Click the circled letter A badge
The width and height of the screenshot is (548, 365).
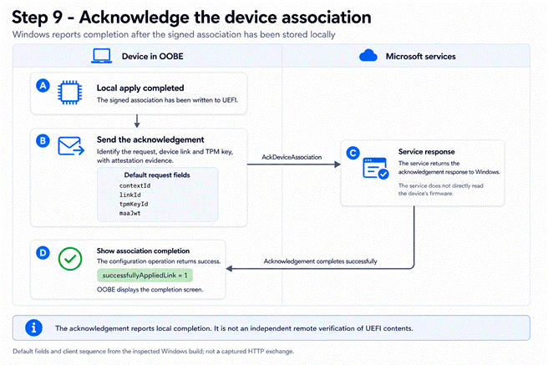click(x=43, y=85)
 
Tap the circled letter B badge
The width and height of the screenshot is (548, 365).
click(x=43, y=141)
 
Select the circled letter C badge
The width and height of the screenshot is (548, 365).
click(x=353, y=153)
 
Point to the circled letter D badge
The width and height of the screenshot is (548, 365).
click(x=43, y=252)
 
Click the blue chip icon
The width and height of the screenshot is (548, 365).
click(x=70, y=93)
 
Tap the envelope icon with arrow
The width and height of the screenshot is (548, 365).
click(x=71, y=146)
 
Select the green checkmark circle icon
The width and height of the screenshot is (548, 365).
click(x=70, y=259)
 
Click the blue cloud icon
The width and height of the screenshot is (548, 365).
click(x=368, y=55)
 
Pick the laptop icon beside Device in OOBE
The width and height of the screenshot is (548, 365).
click(x=101, y=56)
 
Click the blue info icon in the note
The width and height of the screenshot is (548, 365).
click(x=33, y=327)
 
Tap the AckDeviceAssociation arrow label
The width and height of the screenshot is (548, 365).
click(x=292, y=157)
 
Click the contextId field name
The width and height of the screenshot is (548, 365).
click(x=134, y=185)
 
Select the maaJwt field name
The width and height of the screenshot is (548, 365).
click(x=129, y=213)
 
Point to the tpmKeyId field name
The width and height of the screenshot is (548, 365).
click(x=134, y=204)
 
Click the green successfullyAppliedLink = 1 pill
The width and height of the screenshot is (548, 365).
click(x=145, y=276)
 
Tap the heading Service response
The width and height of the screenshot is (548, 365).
click(x=426, y=151)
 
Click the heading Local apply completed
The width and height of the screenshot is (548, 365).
click(x=140, y=88)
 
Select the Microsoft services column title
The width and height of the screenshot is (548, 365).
click(x=420, y=56)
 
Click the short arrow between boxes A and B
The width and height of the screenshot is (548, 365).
click(x=137, y=121)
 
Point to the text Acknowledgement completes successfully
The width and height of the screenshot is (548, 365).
click(x=320, y=261)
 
